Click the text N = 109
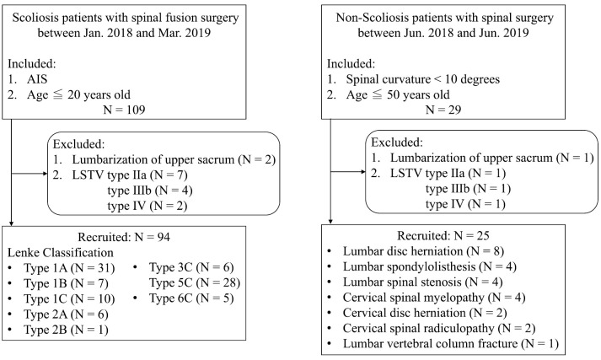(x=124, y=110)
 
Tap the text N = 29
(x=443, y=110)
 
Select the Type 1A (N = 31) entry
(x=69, y=268)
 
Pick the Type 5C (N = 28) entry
(x=195, y=283)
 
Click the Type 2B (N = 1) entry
(x=66, y=330)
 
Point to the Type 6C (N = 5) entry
(x=191, y=298)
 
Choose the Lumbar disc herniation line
(x=423, y=251)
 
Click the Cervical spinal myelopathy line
(x=434, y=298)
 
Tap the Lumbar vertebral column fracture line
(x=450, y=343)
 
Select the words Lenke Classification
(x=61, y=253)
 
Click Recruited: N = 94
(x=124, y=237)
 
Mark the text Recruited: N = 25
(x=443, y=235)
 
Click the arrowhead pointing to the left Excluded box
(x=45, y=174)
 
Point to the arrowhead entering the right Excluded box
(x=362, y=172)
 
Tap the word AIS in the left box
(x=37, y=79)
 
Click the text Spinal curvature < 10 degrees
(x=423, y=79)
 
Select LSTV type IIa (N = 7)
(x=130, y=175)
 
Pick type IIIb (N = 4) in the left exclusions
(x=150, y=191)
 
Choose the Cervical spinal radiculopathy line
(x=439, y=328)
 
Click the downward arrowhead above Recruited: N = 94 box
(x=12, y=223)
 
